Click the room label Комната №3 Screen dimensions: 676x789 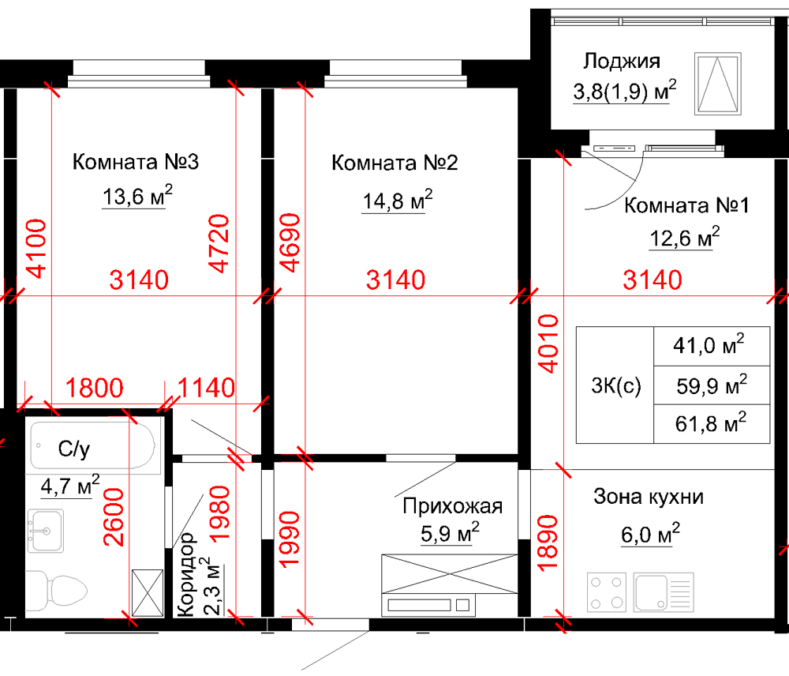click(x=134, y=163)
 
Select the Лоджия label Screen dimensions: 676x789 click(x=621, y=62)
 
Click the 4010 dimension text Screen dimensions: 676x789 click(x=547, y=344)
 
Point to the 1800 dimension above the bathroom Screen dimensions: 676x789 click(x=94, y=389)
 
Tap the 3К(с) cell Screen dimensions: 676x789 click(x=615, y=385)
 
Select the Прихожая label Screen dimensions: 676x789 click(x=452, y=507)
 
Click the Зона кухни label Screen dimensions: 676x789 click(x=648, y=498)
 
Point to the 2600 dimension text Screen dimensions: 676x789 click(x=115, y=516)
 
